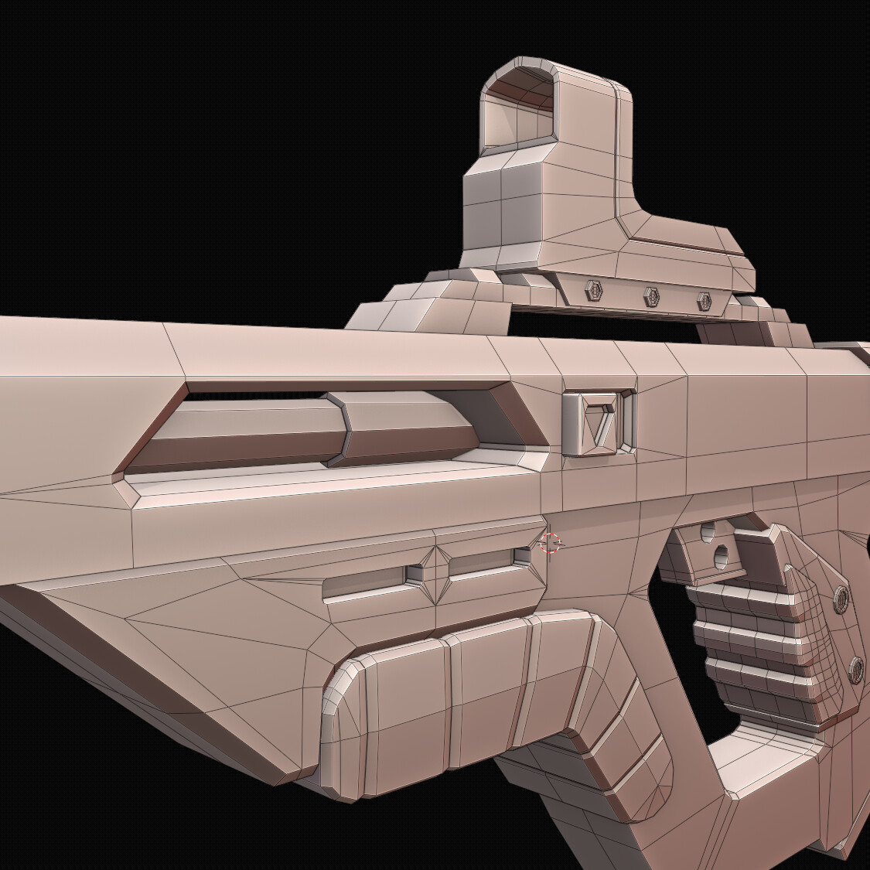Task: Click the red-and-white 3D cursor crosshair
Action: (x=550, y=544)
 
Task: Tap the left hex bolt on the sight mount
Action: (x=593, y=290)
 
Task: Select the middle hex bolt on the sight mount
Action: (x=651, y=295)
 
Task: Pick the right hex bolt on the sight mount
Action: (x=704, y=301)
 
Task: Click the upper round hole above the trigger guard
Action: (x=708, y=531)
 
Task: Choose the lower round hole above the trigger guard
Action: (x=721, y=554)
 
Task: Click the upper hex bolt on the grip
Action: (x=841, y=598)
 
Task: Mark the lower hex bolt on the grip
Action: (x=855, y=668)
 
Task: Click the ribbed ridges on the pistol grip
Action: (x=750, y=642)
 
